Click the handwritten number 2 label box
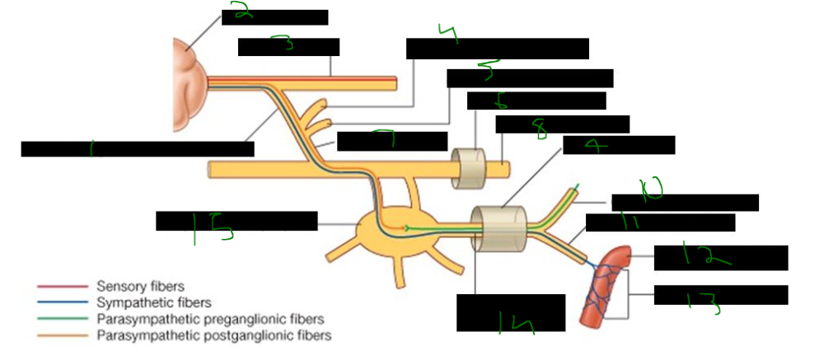coord(274,17)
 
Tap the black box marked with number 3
coord(288,47)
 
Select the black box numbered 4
coord(497,49)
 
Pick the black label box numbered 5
coord(530,78)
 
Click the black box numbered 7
coord(392,142)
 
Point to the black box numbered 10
coord(684,203)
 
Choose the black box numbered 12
coord(720,258)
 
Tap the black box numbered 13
coord(720,295)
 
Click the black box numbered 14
coord(511,313)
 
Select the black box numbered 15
coord(236,222)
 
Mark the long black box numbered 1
coord(138,149)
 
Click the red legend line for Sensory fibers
coord(62,287)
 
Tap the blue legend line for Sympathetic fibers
coord(62,303)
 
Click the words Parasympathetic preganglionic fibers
coord(210,320)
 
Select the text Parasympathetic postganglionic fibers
coord(213,336)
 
